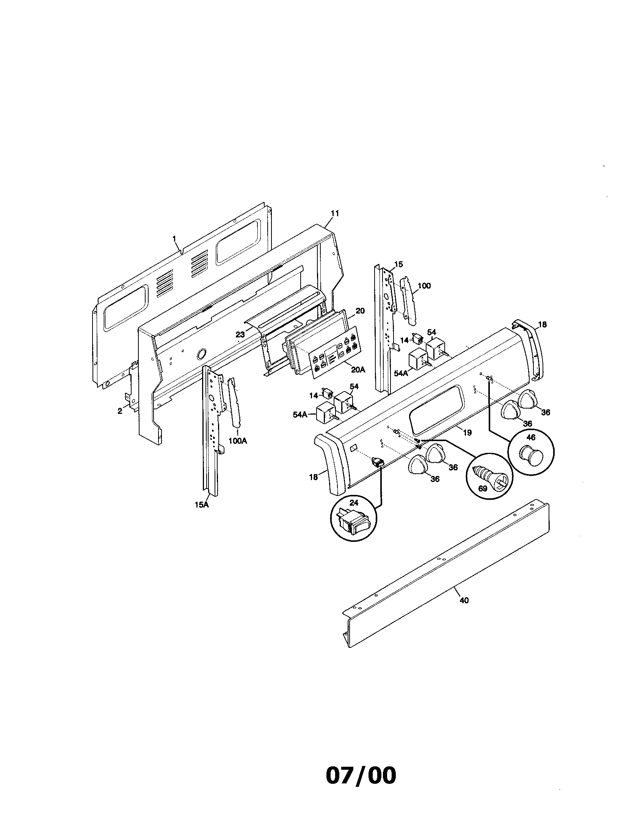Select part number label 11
pos(334,213)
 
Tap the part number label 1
pos(174,239)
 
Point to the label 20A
pos(358,369)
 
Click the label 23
pos(240,334)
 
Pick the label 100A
pos(237,441)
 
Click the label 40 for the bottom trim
pos(464,601)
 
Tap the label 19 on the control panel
pos(467,432)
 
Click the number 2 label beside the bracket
pos(120,411)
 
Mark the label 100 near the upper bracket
pos(424,285)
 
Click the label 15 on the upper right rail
pos(398,264)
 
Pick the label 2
pos(120,411)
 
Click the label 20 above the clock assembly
pos(360,311)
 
